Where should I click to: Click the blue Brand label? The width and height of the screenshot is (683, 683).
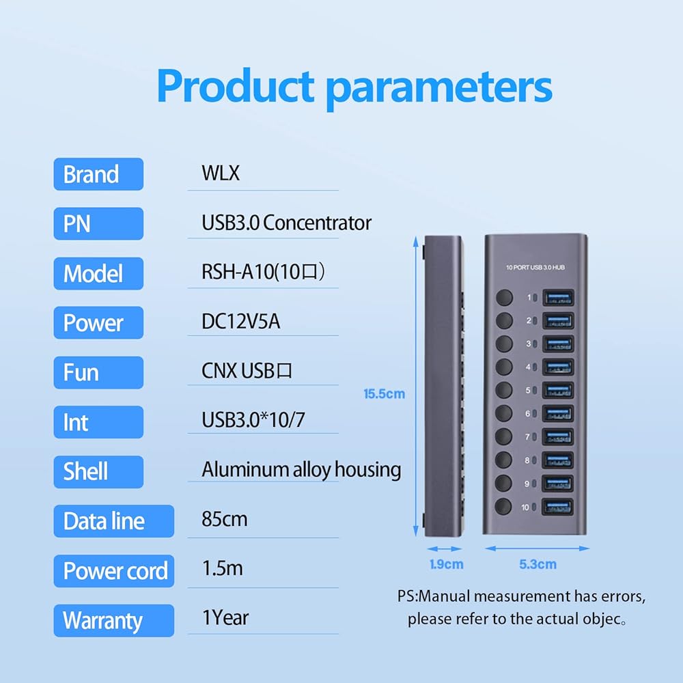98,174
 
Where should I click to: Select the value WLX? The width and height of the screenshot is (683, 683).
221,173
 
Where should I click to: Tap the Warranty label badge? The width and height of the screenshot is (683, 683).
113,621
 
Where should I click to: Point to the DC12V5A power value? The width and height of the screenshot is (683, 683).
240,322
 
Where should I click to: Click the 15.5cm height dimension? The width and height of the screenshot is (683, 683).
384,394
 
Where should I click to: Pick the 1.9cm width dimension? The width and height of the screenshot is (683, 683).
446,564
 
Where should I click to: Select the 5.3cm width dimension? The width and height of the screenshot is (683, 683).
537,564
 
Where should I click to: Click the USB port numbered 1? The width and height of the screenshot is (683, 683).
557,298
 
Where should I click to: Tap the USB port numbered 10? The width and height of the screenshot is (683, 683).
557,507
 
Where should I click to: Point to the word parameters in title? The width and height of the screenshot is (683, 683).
438,87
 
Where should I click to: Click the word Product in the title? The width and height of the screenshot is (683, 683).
235,87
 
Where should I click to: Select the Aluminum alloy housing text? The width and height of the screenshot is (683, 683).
301,470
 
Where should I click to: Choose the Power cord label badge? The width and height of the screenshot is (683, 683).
114,571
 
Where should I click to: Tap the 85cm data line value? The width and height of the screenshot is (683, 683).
225,519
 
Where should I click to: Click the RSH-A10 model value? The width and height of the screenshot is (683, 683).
263,273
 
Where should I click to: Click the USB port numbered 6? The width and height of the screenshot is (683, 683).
557,414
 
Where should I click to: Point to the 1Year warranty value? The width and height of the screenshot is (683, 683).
225,618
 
